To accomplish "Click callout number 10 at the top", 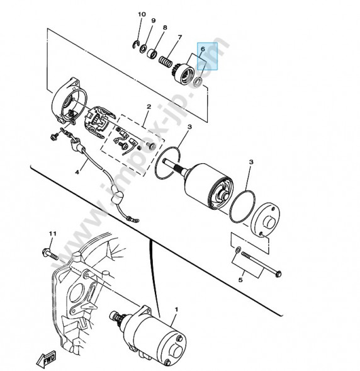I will tap(141, 14).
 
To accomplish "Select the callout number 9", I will tap(152, 21).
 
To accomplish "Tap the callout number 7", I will tap(179, 37).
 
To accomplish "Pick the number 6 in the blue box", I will tap(203, 49).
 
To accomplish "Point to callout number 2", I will tap(149, 107).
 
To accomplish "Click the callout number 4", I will tap(78, 171).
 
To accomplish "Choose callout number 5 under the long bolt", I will tap(239, 279).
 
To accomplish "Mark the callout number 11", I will tap(53, 234).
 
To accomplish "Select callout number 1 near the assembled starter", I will tap(176, 309).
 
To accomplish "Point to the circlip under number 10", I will tap(136, 43).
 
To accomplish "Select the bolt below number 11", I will tap(50, 255).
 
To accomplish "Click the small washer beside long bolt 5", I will tap(237, 251).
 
